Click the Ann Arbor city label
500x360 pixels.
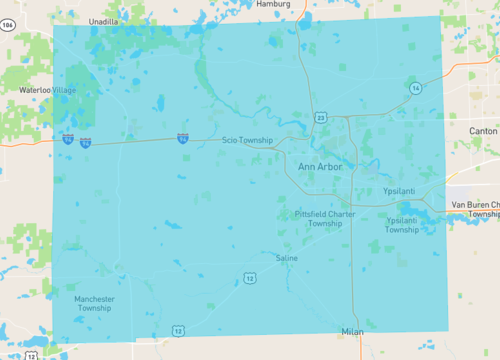[320, 167]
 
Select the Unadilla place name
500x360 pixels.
[104, 20]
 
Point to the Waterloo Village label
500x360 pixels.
[47, 90]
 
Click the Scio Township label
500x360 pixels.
[247, 141]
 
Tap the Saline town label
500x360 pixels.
[286, 258]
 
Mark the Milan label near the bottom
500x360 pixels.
[352, 330]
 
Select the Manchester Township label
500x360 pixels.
[94, 303]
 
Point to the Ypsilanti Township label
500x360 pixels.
[402, 224]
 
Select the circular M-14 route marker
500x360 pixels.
[414, 88]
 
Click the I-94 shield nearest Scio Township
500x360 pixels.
[183, 139]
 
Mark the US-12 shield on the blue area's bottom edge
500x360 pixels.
[178, 330]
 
